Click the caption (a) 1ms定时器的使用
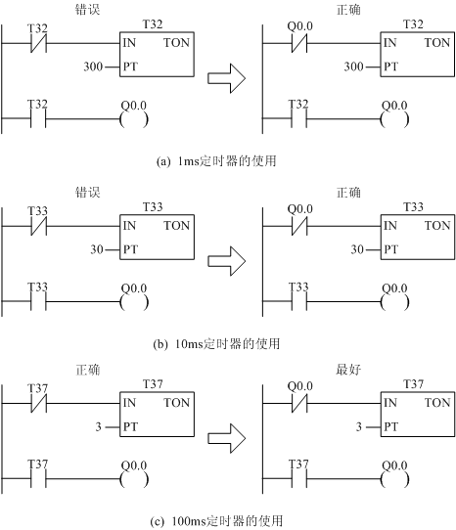(216, 161)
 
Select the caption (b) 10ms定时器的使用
(216, 344)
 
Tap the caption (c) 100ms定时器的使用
(216, 521)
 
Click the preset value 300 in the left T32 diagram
(93, 66)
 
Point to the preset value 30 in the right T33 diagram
(357, 249)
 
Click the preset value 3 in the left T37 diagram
(98, 427)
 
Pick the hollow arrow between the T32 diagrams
(226, 78)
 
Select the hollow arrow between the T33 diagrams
(226, 261)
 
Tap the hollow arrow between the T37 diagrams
(226, 438)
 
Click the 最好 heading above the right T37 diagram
(348, 370)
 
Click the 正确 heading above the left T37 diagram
(88, 370)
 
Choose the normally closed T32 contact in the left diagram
(38, 43)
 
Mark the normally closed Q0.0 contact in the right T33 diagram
(299, 226)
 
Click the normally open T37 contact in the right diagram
(299, 479)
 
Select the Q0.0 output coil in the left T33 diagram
(134, 302)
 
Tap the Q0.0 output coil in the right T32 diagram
(394, 119)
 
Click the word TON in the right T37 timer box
(437, 402)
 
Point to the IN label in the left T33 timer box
(129, 226)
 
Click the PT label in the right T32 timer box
(390, 66)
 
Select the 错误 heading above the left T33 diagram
(88, 193)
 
